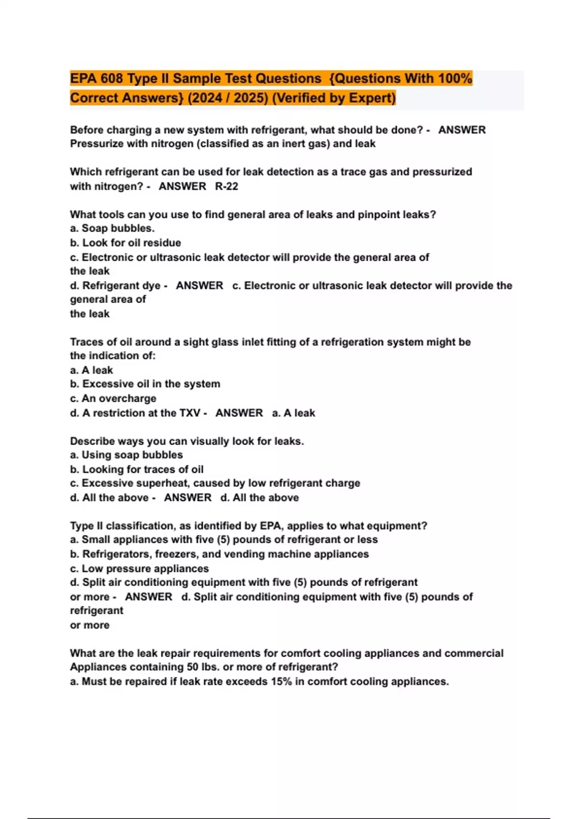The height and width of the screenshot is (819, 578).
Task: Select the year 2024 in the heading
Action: click(x=203, y=98)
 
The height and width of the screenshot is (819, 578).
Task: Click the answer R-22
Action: click(x=226, y=186)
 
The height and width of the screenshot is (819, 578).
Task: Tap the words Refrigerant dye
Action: click(x=121, y=286)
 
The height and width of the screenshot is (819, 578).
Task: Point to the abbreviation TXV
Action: click(x=190, y=413)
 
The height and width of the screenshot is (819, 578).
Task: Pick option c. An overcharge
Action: click(x=113, y=398)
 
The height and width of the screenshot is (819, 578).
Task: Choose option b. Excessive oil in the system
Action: click(x=145, y=384)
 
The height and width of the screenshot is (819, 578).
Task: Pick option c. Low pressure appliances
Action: click(x=139, y=568)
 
